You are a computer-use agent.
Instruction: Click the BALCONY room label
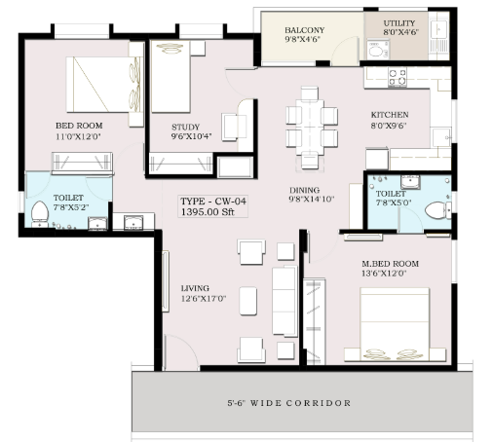coord(304,30)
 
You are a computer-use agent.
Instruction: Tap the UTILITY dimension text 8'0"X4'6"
coord(400,32)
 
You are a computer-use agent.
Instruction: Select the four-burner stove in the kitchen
coord(398,77)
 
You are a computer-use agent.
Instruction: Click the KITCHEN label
coord(390,115)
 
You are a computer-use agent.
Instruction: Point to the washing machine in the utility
coord(378,50)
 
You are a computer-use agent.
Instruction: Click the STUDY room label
coord(185,127)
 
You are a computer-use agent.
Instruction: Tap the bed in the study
coord(171,77)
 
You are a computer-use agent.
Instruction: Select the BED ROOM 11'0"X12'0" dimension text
coord(78,136)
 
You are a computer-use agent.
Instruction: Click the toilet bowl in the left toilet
coord(40,212)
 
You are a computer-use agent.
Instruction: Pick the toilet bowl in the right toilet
coord(436,210)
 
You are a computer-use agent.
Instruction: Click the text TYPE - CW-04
coord(213,202)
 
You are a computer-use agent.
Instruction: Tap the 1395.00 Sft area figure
coord(208,212)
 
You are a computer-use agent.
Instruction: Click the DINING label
coord(304,190)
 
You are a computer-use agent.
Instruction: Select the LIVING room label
coord(195,288)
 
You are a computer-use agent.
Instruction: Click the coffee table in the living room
coord(248,301)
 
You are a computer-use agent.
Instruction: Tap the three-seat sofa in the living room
coord(284,301)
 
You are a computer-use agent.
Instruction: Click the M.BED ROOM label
coord(390,264)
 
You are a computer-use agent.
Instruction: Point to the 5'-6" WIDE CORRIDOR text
coord(289,403)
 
